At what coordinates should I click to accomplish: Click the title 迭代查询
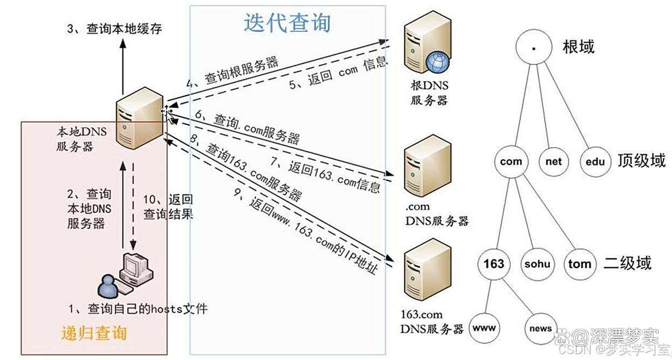coord(287,23)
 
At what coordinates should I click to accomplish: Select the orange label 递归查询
coord(94,333)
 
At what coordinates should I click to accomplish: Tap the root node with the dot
coord(533,48)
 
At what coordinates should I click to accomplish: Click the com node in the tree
coord(511,162)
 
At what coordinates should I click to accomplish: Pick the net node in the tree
coord(553,162)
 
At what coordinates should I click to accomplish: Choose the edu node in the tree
coord(595,162)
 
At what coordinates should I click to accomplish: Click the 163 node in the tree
coord(494,264)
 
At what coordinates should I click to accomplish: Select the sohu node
coord(537,264)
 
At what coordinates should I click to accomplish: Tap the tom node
coord(579,264)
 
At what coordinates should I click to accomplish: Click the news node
coord(540,328)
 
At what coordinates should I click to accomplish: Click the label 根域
coord(578,47)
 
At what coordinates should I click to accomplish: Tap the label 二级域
coord(627,263)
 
